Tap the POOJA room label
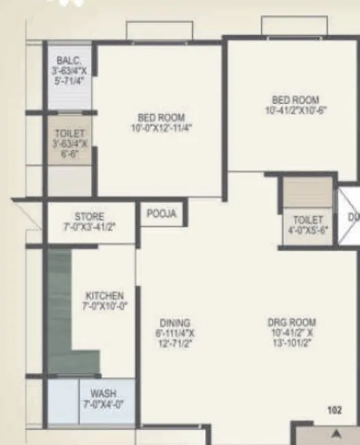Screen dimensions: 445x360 point(162,214)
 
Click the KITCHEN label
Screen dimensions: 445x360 point(105,296)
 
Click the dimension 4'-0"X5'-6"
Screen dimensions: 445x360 point(307,230)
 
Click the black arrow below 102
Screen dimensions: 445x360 point(335,433)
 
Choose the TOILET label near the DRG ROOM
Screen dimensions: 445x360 point(307,220)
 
